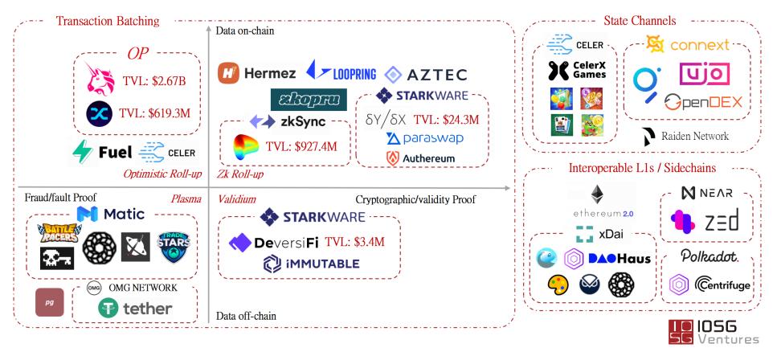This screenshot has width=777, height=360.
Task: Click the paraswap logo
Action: pos(424,138)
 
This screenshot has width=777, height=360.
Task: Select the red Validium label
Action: pos(237,198)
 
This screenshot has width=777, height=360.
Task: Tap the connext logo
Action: pos(692,45)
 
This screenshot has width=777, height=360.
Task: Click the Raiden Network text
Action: pos(693,136)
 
